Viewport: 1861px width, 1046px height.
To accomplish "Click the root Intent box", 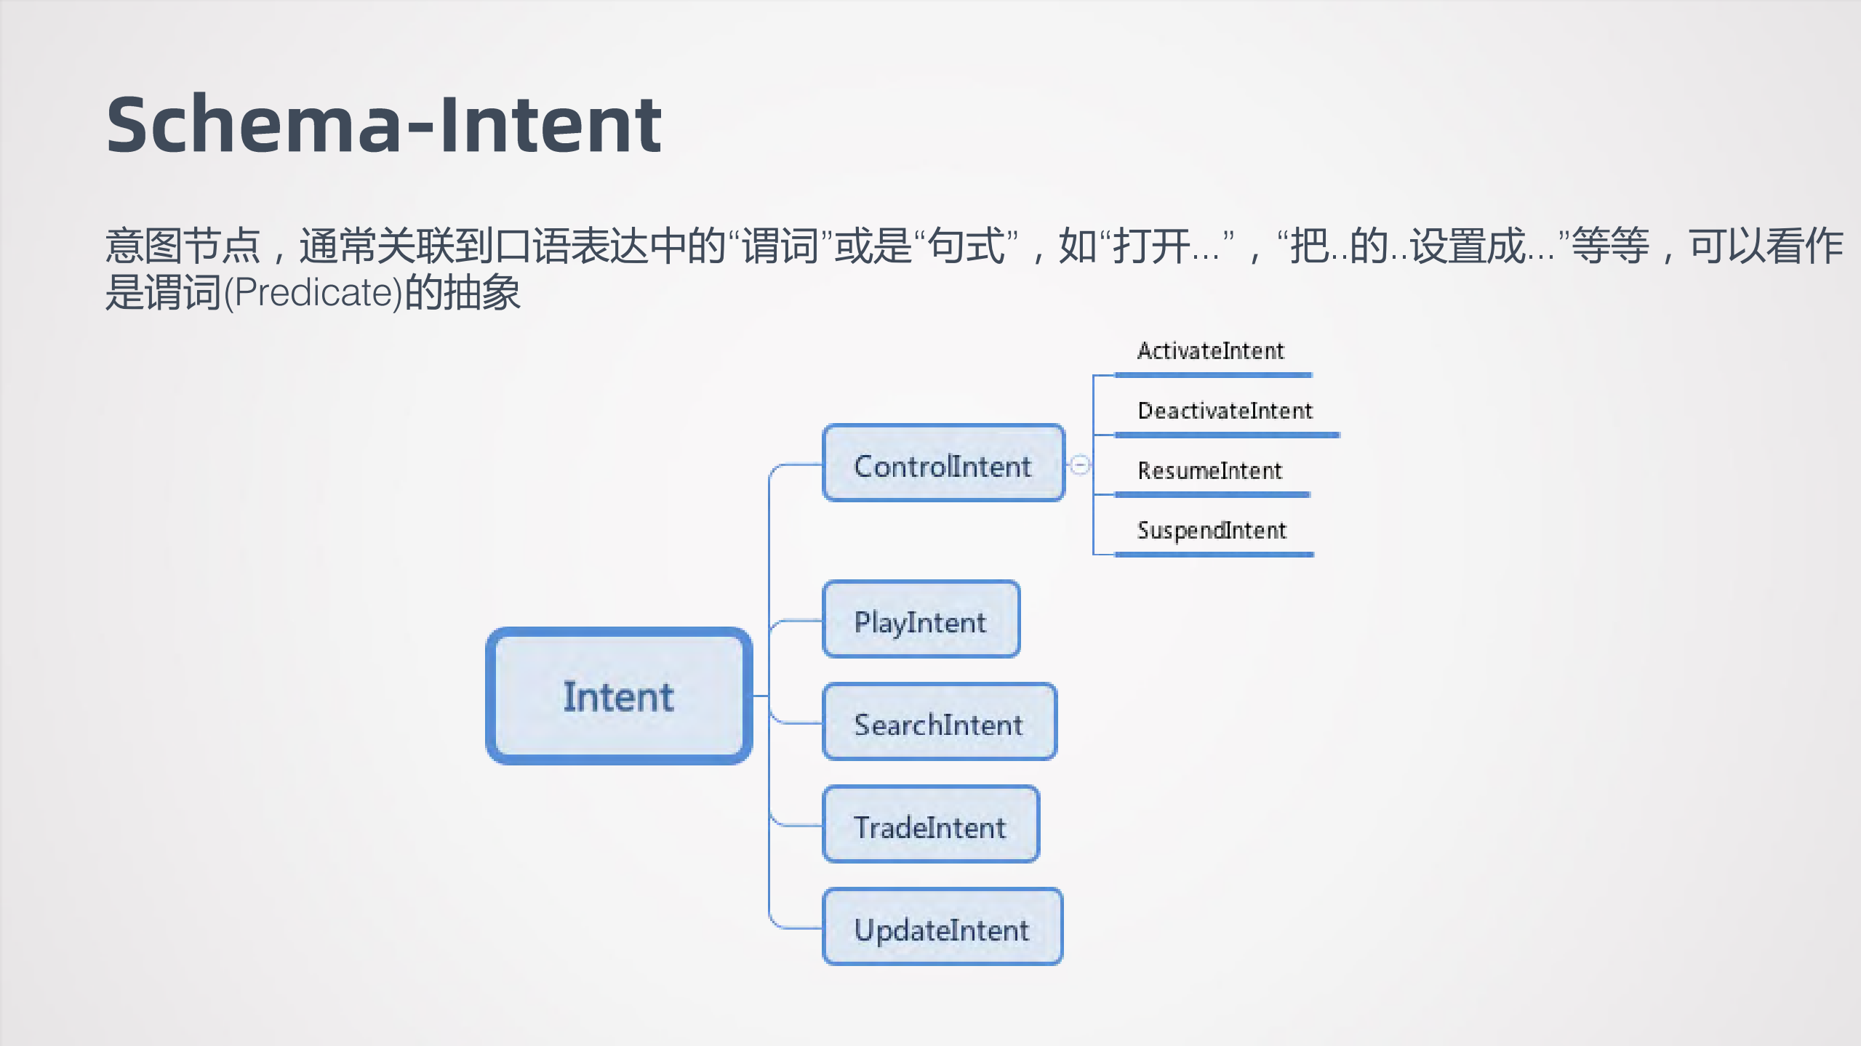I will point(619,696).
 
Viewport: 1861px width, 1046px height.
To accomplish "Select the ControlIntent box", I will point(943,464).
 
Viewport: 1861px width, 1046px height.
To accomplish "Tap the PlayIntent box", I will point(921,619).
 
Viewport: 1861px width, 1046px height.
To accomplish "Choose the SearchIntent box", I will point(939,722).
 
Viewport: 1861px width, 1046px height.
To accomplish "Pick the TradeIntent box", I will point(930,824).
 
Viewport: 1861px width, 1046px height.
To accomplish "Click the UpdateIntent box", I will point(942,927).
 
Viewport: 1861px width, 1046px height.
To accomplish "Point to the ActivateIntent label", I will point(1211,351).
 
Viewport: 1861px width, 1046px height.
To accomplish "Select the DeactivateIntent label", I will point(1225,411).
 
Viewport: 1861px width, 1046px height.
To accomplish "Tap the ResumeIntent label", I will point(1209,470).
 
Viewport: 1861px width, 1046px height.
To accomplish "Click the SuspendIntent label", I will point(1212,530).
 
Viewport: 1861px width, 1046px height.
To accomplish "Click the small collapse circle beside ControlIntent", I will point(1080,464).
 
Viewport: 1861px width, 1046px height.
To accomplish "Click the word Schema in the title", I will point(253,125).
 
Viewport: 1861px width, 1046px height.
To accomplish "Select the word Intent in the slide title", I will point(551,125).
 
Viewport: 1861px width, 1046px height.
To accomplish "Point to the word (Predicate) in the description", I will point(313,293).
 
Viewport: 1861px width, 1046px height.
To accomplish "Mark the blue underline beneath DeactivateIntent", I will point(1226,435).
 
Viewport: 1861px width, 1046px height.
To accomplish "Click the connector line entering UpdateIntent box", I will point(796,928).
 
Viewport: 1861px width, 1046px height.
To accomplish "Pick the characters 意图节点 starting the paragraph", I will point(183,246).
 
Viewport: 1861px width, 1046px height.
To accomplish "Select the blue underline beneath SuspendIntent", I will point(1213,555).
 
